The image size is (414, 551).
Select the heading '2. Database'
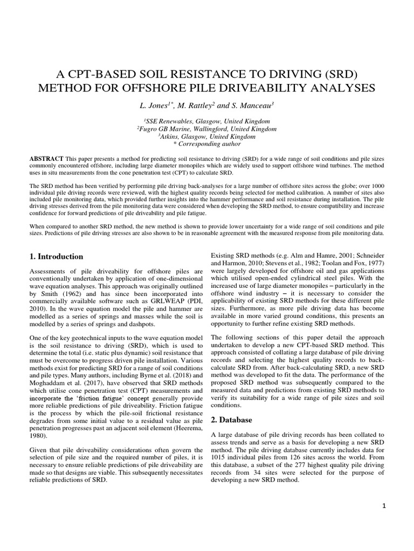click(x=232, y=419)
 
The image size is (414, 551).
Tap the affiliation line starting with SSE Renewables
click(x=207, y=122)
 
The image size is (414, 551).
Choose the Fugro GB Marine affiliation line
click(x=207, y=129)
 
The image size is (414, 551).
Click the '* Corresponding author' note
click(x=207, y=144)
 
